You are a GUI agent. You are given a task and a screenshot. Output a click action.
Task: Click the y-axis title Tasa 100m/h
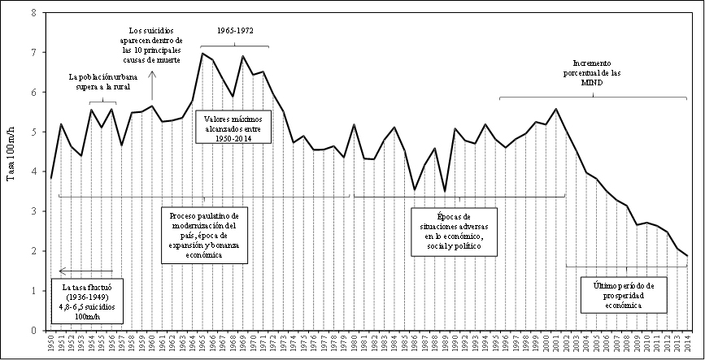11,171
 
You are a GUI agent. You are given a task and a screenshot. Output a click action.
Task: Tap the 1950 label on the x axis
51,345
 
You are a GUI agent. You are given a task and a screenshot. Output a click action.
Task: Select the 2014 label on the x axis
687,345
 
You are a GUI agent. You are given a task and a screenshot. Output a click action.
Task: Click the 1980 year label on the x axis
355,345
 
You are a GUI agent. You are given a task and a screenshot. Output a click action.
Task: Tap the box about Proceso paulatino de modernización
206,233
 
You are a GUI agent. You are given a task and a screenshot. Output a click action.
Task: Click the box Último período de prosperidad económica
624,293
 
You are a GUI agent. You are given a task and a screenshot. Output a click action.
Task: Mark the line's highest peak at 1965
202,54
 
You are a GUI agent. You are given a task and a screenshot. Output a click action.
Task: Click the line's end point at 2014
687,256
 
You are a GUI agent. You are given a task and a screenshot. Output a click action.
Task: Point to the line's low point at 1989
444,192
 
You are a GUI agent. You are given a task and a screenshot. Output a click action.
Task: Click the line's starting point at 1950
51,178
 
